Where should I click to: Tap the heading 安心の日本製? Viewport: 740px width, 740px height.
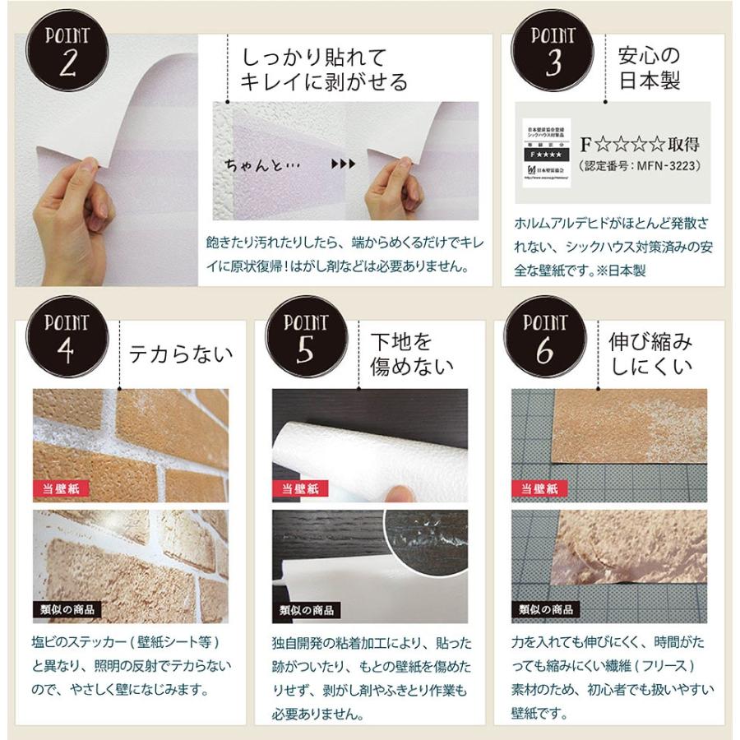pyautogui.click(x=649, y=69)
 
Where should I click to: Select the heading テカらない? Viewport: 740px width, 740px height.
pyautogui.click(x=181, y=354)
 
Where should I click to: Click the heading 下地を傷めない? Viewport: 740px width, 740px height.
pyautogui.click(x=411, y=354)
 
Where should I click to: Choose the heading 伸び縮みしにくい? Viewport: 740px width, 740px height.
pyautogui.click(x=650, y=354)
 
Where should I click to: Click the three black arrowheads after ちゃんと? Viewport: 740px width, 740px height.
pyautogui.click(x=343, y=164)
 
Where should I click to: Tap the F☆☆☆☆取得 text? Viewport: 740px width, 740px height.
pyautogui.click(x=640, y=145)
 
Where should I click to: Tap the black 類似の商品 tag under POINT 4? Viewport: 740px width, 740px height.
pyautogui.click(x=67, y=609)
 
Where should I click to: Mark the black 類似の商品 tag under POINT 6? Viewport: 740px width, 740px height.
pyautogui.click(x=545, y=609)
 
